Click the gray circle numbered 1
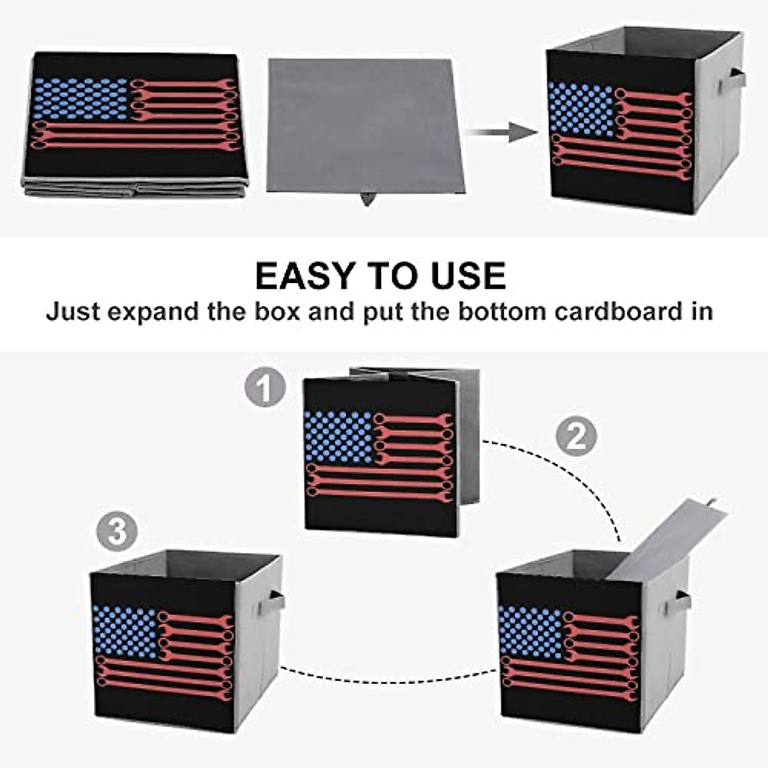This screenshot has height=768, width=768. [266, 388]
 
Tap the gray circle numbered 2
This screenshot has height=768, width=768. [576, 436]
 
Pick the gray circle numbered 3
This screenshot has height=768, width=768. [117, 531]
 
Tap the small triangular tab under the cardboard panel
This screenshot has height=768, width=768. [367, 198]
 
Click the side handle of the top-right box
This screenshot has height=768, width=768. [732, 81]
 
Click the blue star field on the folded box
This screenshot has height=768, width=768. [80, 99]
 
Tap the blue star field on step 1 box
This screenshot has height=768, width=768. [339, 436]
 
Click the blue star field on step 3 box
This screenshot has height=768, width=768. [125, 631]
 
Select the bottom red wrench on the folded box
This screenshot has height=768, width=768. [136, 145]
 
